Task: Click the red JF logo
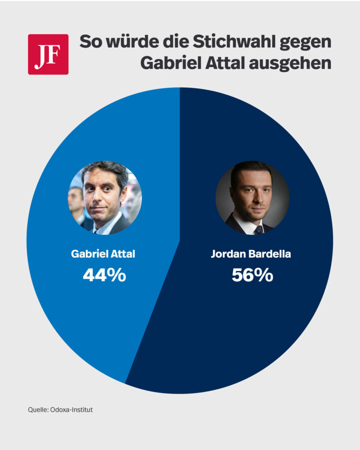coord(48,54)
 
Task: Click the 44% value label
coord(104,275)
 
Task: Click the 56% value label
coord(252,275)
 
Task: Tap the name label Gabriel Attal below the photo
coord(103,254)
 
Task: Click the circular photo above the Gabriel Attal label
coord(105,198)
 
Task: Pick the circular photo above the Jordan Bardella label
coord(252,198)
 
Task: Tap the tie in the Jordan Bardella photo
coord(258,230)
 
